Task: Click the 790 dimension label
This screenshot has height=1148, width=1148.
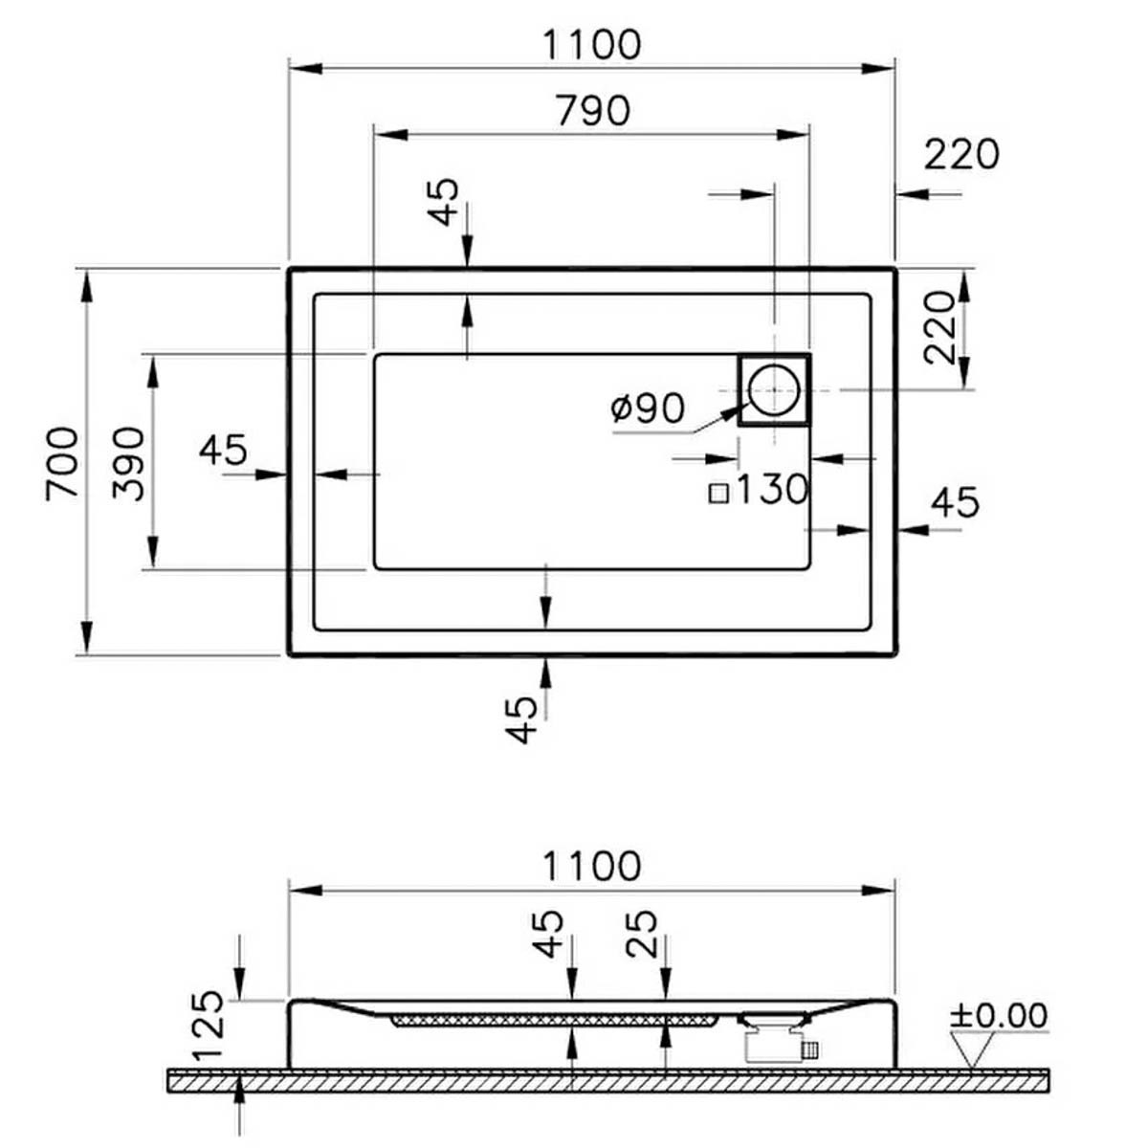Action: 593,111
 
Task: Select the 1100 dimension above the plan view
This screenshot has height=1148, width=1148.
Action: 592,45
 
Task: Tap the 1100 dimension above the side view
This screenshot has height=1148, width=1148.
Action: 592,866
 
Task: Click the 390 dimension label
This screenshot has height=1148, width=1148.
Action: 129,464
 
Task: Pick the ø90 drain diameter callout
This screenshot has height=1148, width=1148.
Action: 649,408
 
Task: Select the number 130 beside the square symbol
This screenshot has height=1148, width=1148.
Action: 773,489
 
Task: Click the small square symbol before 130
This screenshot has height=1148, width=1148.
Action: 719,494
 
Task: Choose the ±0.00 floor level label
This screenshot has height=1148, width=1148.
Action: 999,1015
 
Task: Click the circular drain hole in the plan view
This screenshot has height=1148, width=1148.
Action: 773,389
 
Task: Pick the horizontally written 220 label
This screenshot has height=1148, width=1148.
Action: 961,155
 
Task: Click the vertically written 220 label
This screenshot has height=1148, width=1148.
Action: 939,327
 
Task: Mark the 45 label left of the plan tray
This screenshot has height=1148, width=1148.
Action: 223,450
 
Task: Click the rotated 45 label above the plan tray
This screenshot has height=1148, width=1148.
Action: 445,202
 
